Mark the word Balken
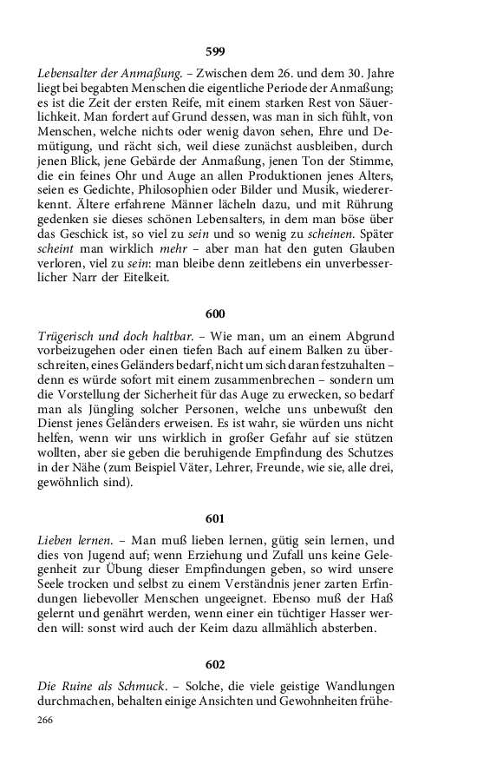pyautogui.click(x=290, y=351)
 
